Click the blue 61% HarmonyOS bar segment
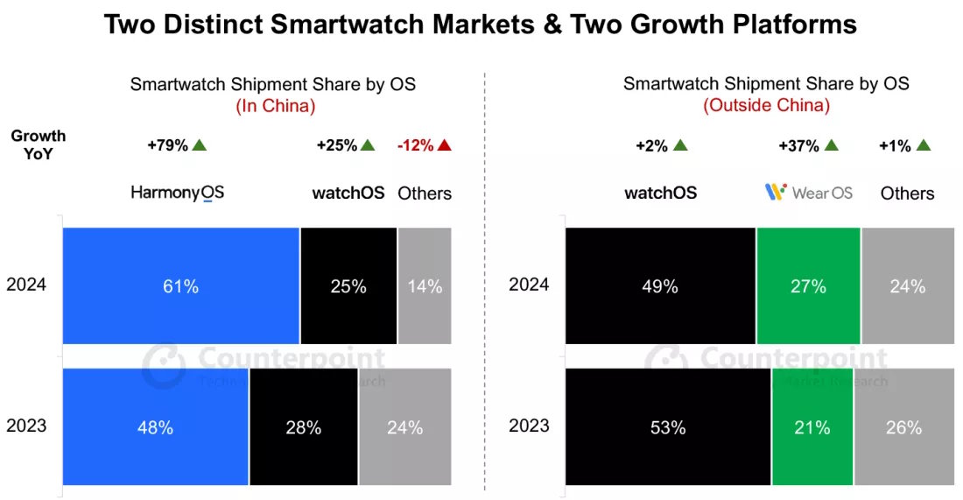180,285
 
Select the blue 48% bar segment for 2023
155,427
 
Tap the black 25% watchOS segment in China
348,285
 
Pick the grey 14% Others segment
425,285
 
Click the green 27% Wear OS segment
808,285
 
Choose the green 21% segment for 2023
812,427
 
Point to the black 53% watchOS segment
668,427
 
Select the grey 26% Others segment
903,427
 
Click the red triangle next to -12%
444,145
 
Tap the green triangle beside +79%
200,145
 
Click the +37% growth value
798,145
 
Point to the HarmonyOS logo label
178,193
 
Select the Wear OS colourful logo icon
774,192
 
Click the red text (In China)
274,106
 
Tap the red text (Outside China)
766,106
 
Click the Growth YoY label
39,144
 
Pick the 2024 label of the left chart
26,285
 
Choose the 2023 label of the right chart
530,427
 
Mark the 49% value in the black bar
659,285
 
